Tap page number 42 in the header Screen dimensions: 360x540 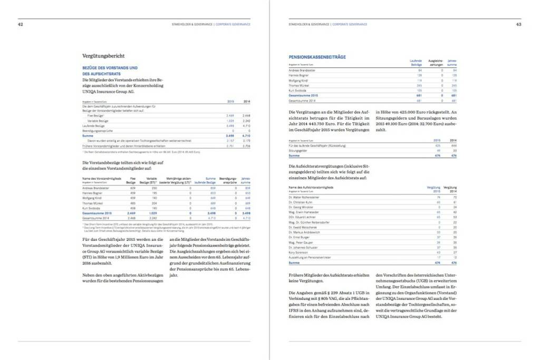21,24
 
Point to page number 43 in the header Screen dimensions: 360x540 518,24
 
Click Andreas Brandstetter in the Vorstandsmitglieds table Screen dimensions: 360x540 97,188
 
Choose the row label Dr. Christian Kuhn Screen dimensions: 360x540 302,202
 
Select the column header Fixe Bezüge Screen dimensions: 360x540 132,180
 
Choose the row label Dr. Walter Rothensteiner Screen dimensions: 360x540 306,197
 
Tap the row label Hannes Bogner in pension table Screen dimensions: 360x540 300,74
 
